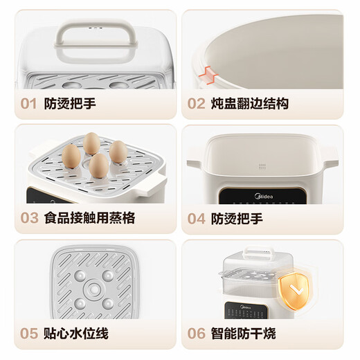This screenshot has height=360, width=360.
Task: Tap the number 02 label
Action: point(197,104)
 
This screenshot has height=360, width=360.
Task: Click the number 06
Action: point(197,334)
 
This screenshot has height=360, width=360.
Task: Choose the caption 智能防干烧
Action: point(243,334)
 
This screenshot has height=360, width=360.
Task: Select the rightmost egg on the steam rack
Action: point(118,152)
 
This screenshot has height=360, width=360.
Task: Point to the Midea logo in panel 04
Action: point(260,197)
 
